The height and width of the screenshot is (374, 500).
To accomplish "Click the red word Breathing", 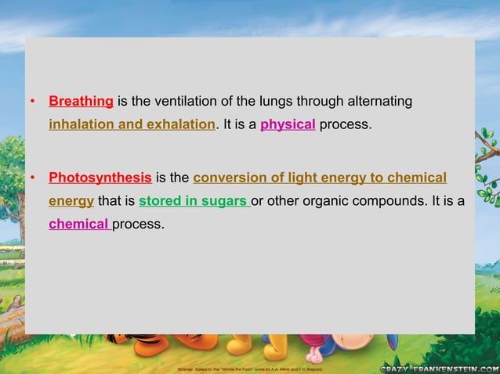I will pyautogui.click(x=82, y=102).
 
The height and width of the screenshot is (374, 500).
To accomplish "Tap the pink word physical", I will pyautogui.click(x=288, y=124).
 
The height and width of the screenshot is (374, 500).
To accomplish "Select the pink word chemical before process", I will pyautogui.click(x=78, y=225).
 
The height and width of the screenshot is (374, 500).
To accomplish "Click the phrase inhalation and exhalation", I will pyautogui.click(x=132, y=124).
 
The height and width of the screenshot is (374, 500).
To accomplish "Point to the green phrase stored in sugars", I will pyautogui.click(x=193, y=201).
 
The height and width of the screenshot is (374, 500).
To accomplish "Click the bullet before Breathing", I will pyautogui.click(x=32, y=103).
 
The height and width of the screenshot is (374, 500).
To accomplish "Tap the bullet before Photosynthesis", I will pyautogui.click(x=32, y=178).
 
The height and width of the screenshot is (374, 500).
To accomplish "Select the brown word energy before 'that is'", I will pyautogui.click(x=71, y=201).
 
